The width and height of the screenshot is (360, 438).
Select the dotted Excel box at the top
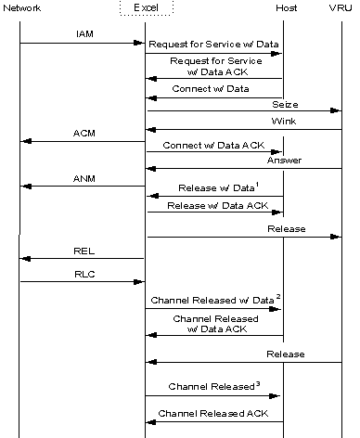pos(146,8)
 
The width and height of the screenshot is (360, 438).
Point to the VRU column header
pos(342,8)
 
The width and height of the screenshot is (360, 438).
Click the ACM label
pos(84,133)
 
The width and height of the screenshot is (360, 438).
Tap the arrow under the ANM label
pos(84,187)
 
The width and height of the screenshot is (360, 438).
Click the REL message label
pos(84,250)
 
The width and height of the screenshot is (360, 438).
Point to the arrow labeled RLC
pos(84,281)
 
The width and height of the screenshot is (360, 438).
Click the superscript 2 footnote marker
pos(276,295)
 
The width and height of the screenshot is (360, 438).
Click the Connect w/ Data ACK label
pos(212,146)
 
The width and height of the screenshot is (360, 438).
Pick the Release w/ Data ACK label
pos(212,206)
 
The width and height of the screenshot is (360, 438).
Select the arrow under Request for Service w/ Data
pos(213,54)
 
